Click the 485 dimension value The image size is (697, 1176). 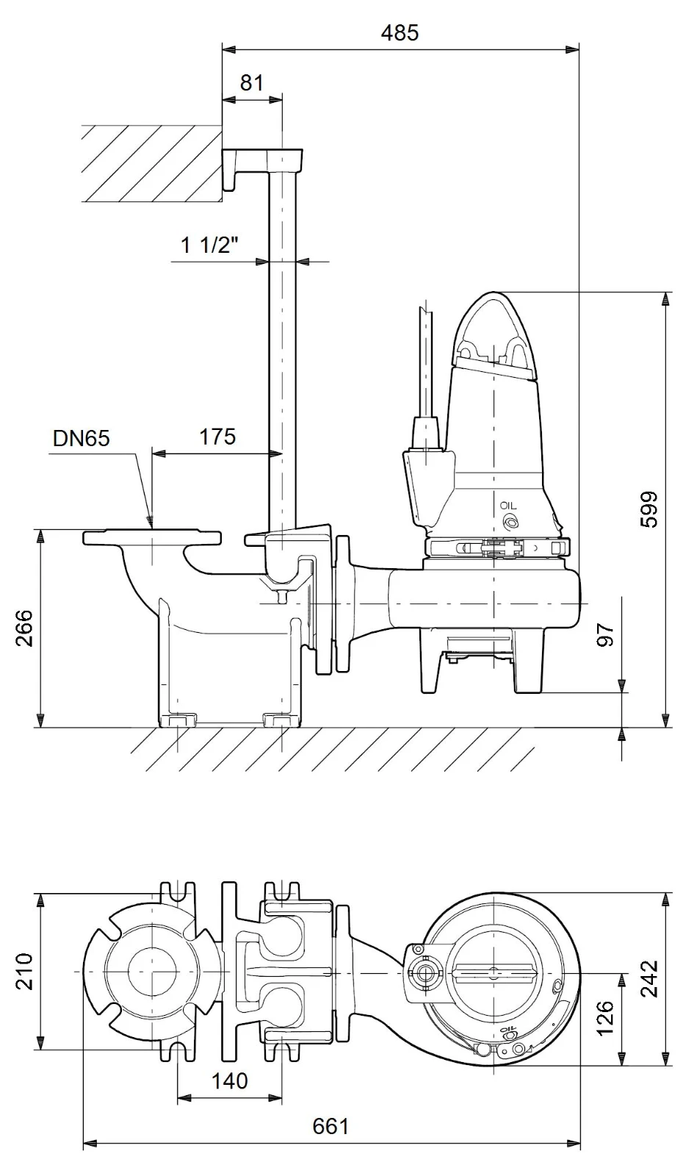(400, 33)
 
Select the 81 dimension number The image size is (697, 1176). (252, 83)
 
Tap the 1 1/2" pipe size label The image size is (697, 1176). (209, 245)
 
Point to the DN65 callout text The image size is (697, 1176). (82, 438)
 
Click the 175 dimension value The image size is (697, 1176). (217, 437)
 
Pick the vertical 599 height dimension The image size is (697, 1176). (649, 509)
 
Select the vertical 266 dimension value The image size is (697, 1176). (24, 628)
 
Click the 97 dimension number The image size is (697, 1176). (605, 635)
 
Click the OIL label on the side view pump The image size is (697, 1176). (508, 506)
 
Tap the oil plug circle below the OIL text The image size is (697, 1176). (509, 521)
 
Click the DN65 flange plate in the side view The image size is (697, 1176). (152, 537)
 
